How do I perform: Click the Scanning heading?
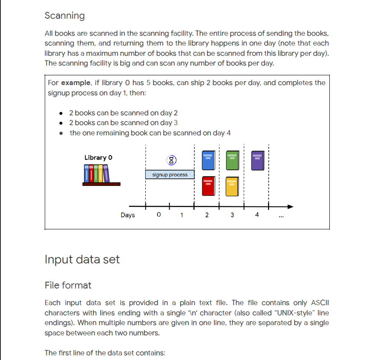(x=64, y=16)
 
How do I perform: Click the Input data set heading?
(x=82, y=259)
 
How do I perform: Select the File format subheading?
(x=68, y=285)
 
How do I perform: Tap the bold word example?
(x=75, y=83)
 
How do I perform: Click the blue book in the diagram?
(x=208, y=160)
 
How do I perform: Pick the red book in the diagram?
(x=208, y=186)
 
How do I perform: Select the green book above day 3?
(x=232, y=160)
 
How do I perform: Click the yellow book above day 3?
(x=232, y=186)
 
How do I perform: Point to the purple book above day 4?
(x=257, y=160)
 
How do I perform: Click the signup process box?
(x=170, y=174)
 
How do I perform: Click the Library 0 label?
(x=98, y=158)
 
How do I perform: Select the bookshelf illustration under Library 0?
(x=101, y=175)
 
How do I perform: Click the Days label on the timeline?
(x=127, y=215)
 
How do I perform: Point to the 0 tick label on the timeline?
(x=159, y=215)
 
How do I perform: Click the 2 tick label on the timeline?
(x=207, y=215)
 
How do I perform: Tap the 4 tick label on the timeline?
(x=257, y=215)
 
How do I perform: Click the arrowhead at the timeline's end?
(x=291, y=207)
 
